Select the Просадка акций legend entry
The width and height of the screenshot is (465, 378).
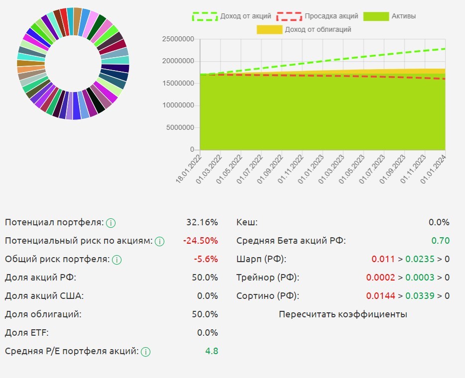coord(316,16)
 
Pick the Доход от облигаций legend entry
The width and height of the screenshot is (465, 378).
coord(304,29)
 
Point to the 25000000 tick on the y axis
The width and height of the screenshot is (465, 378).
coord(178,39)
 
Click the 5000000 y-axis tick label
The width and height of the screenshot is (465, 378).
coord(180,128)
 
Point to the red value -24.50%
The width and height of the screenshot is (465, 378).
coord(200,241)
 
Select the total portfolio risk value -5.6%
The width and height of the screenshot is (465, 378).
coord(206,259)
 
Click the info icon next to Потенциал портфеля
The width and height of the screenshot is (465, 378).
coord(111,223)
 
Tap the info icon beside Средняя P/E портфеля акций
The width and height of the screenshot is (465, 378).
coord(145,352)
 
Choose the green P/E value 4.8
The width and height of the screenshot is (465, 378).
coord(212,351)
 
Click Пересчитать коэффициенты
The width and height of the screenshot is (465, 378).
coord(343,314)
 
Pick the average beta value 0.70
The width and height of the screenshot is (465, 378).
coord(440,241)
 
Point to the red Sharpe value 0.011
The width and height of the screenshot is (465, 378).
coord(383,259)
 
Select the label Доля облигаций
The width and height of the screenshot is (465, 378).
coord(43,314)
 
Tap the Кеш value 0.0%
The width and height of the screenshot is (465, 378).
coord(439,222)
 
